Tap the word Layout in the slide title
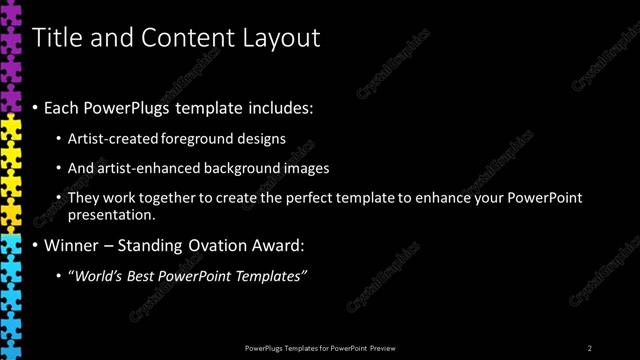[x=279, y=38]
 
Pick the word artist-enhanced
[x=143, y=168]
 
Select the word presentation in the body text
[x=110, y=215]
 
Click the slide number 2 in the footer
[x=590, y=348]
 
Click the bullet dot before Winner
[x=37, y=245]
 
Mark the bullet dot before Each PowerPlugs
[x=37, y=106]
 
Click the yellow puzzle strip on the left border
[x=10, y=170]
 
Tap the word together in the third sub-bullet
[x=170, y=198]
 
